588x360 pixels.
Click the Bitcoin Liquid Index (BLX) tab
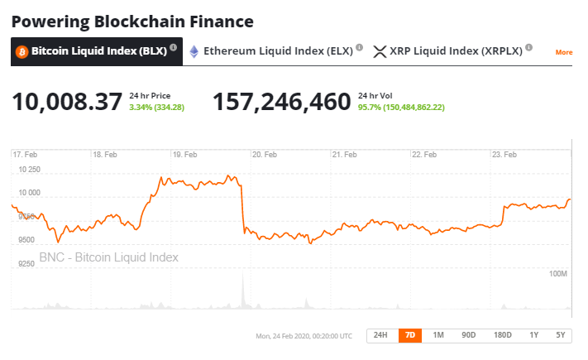point(96,51)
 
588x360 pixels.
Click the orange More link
point(564,52)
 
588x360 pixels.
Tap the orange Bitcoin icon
point(22,51)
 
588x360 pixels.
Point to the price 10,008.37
point(67,102)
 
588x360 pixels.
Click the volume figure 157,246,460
point(282,102)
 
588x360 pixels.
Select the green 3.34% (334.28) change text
point(157,108)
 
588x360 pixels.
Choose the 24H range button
point(380,335)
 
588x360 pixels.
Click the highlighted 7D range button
point(409,335)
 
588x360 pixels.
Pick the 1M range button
point(438,335)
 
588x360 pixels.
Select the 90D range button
point(469,335)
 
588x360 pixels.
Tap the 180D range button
point(502,335)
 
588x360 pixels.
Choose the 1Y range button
point(534,335)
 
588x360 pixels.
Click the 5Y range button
point(561,335)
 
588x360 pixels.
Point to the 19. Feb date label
point(184,155)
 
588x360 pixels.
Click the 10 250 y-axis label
point(28,170)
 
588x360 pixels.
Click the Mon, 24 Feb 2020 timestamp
point(304,336)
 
